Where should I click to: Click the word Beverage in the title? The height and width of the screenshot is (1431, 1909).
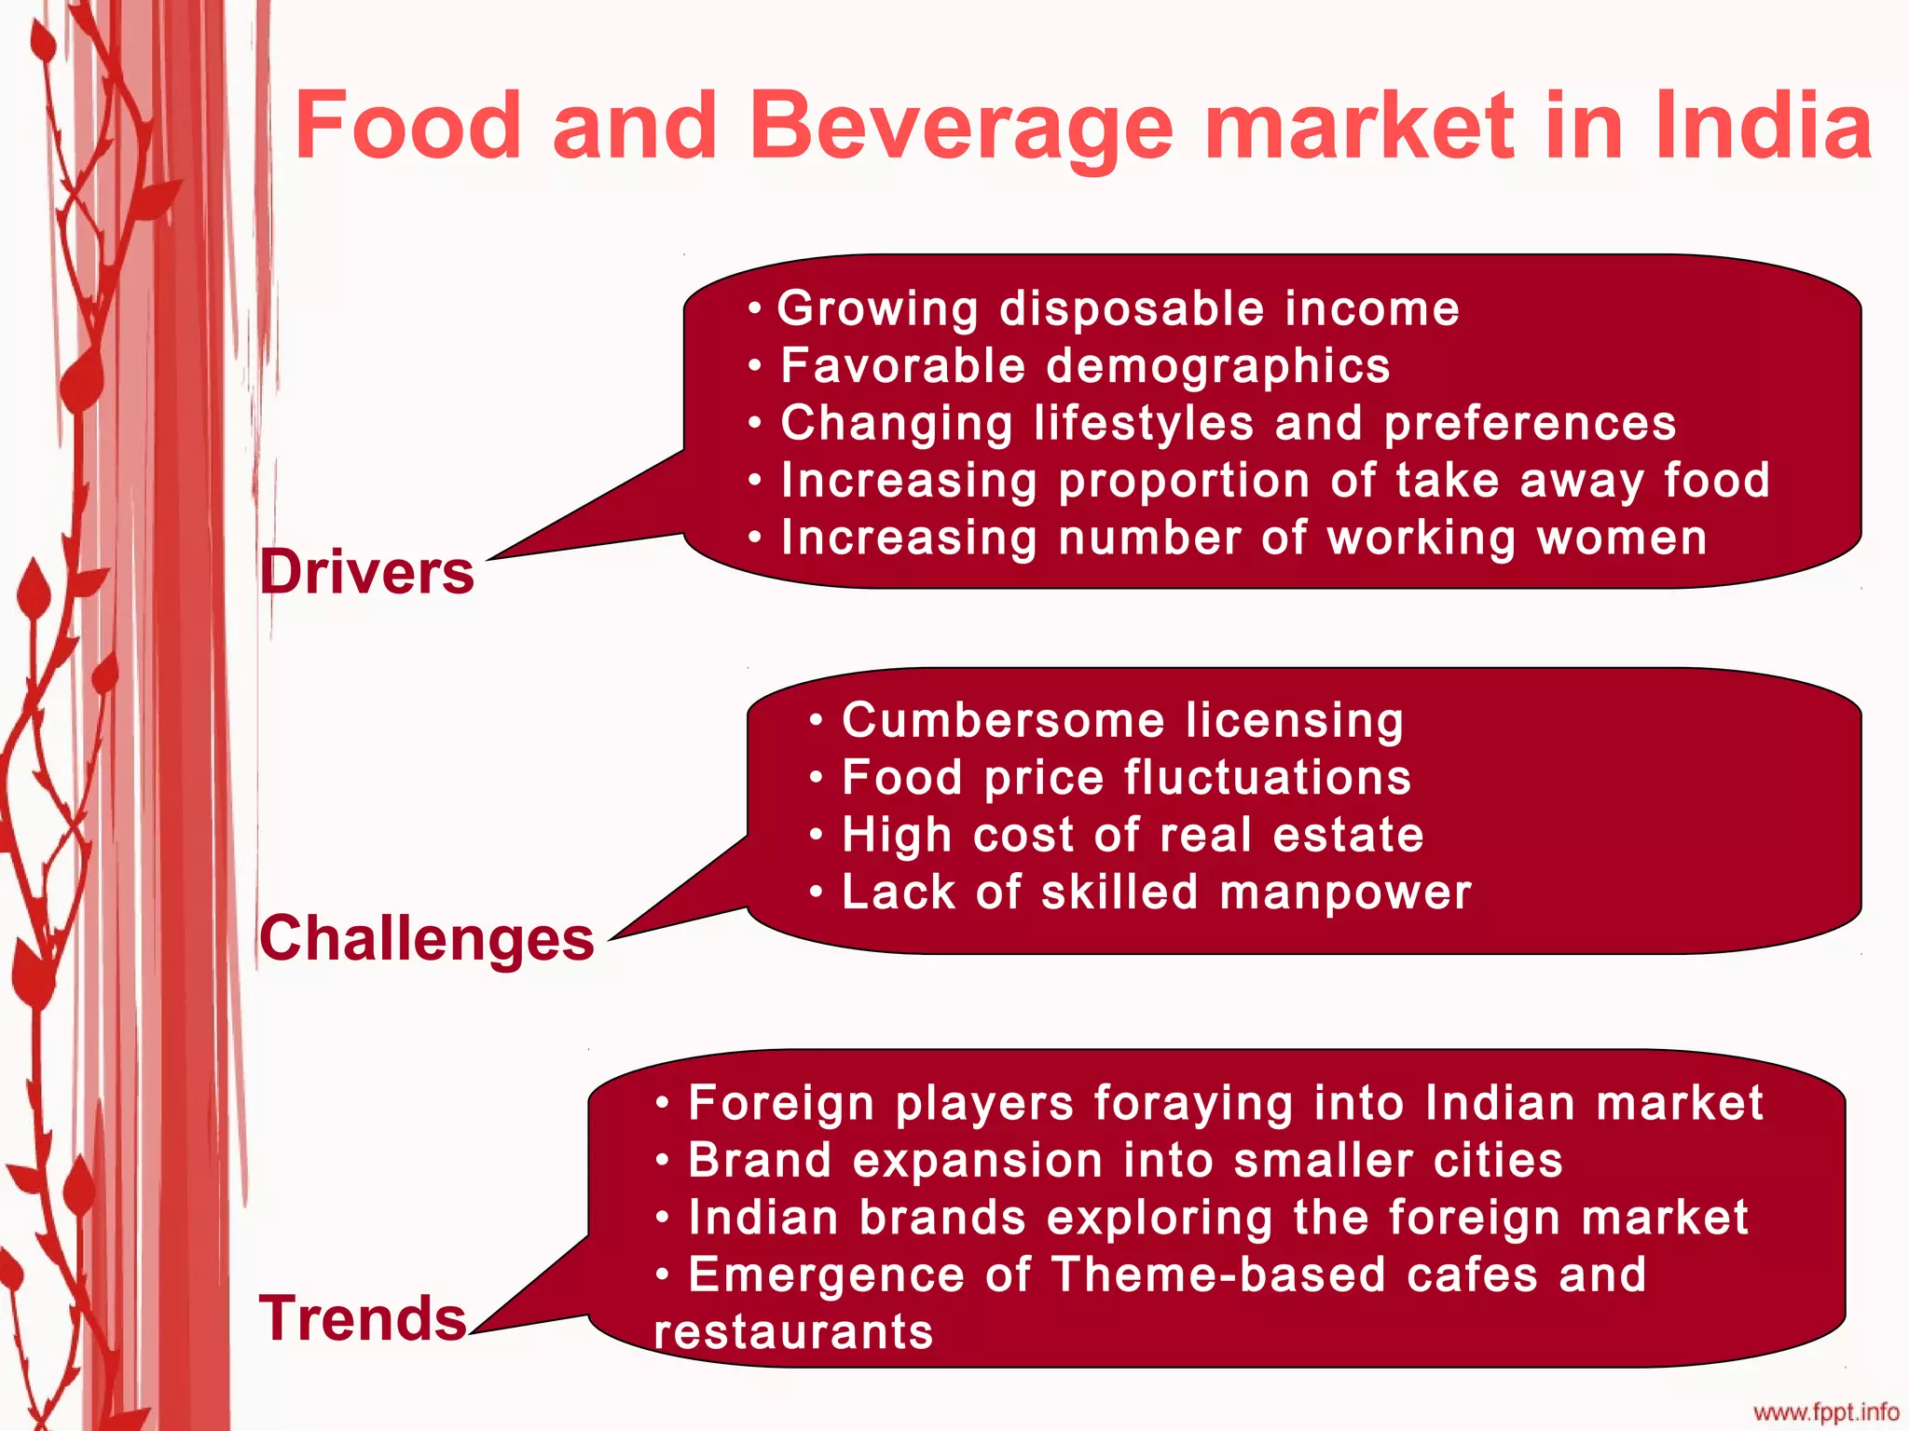pyautogui.click(x=960, y=127)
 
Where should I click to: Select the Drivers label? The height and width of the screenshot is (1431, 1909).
pyautogui.click(x=367, y=571)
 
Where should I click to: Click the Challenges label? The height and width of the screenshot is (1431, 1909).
pyautogui.click(x=427, y=937)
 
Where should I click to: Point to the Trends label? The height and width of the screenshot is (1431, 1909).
pyautogui.click(x=363, y=1318)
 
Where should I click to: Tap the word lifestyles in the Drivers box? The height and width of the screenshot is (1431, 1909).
pyautogui.click(x=1144, y=423)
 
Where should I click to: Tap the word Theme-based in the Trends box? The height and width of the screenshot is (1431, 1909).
pyautogui.click(x=1218, y=1274)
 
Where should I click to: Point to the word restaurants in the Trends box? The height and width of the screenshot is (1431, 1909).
pyautogui.click(x=793, y=1332)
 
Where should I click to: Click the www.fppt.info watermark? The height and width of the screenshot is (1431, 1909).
pyautogui.click(x=1826, y=1412)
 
